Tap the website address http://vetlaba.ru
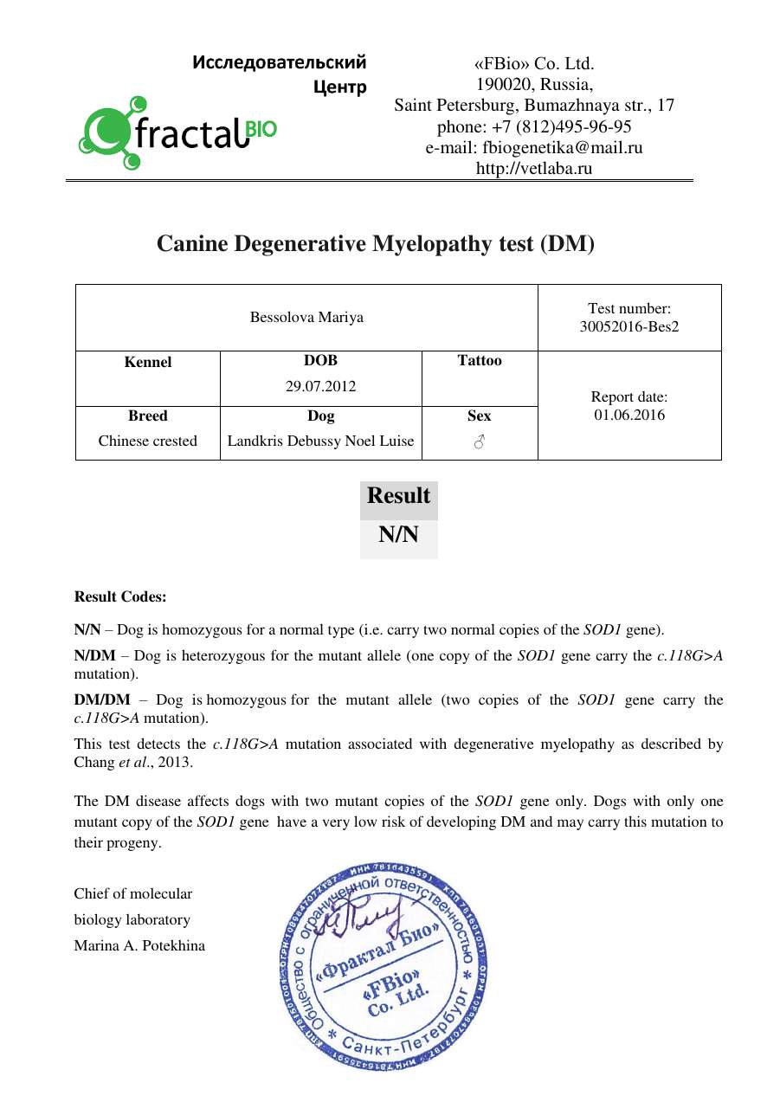coord(534,168)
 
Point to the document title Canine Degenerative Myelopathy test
coord(376,244)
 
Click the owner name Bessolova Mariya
coord(306,317)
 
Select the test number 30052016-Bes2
coord(629,326)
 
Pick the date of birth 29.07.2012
coord(320,386)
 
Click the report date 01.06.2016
coord(629,415)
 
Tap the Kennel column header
coord(148,362)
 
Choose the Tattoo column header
coord(479,361)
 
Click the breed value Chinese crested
coord(148,441)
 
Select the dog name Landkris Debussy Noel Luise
coord(320,441)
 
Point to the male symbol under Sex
coord(479,441)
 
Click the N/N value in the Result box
coord(398,535)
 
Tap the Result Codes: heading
coord(120,596)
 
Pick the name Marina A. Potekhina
coord(139,945)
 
